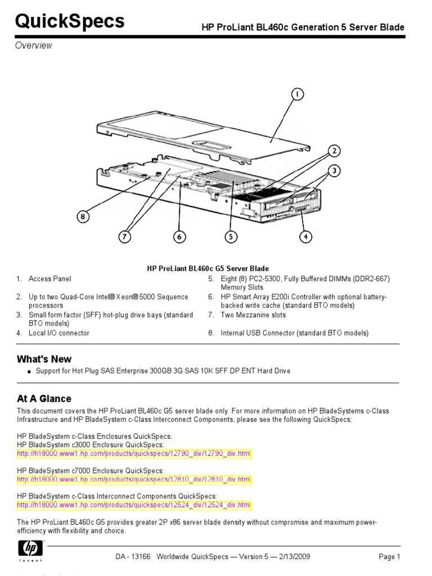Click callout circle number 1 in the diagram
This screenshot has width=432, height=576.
(x=297, y=95)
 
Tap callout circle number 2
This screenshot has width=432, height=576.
(x=334, y=151)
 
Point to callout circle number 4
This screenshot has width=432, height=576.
(x=305, y=237)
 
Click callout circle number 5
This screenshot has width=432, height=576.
(x=231, y=237)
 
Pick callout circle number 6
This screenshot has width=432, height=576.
(x=179, y=237)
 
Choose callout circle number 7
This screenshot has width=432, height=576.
(x=125, y=237)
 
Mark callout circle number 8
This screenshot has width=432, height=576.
(x=83, y=216)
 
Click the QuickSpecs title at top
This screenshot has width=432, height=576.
(x=70, y=21)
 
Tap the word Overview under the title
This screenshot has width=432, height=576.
(x=33, y=46)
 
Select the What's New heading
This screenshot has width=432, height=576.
(x=44, y=359)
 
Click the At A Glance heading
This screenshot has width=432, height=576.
(x=44, y=398)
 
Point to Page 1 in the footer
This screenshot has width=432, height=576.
(x=389, y=557)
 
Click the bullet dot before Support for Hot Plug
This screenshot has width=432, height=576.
(x=28, y=372)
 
